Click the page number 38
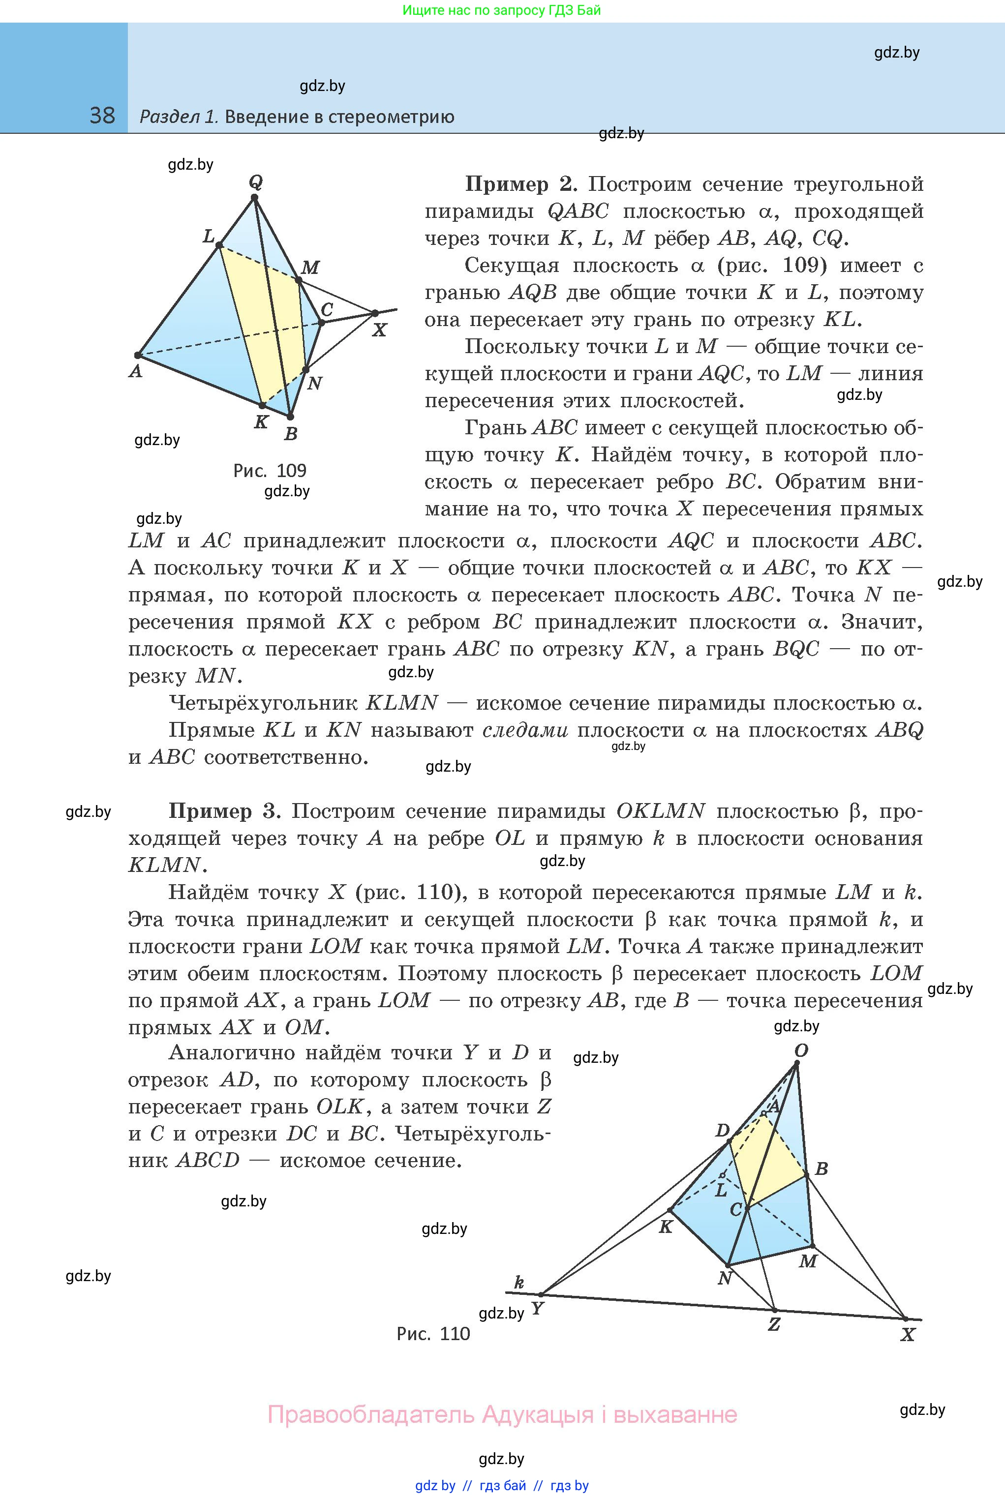coord(102,116)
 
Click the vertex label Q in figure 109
coord(256,182)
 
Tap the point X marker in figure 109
coord(376,313)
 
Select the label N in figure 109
coord(314,384)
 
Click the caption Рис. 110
coord(433,1333)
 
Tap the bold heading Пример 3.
coord(224,811)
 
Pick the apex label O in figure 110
coord(801,1051)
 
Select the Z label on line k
coord(774,1324)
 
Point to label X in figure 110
coord(908,1335)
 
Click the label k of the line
coord(519,1282)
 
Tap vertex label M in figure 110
coord(808,1261)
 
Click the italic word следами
coord(525,730)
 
